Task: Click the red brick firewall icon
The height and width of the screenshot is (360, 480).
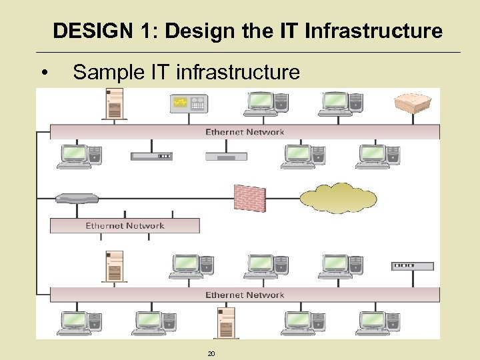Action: [x=250, y=198]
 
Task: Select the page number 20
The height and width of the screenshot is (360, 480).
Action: [x=211, y=353]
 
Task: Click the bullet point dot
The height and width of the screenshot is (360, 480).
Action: [x=43, y=72]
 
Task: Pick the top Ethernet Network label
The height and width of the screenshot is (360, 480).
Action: [x=245, y=132]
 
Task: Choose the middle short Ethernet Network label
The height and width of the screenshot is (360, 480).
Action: [x=125, y=225]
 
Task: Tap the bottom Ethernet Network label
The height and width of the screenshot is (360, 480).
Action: [x=245, y=295]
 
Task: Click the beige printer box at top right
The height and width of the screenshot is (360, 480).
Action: [x=414, y=104]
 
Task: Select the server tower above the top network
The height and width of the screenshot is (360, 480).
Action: [x=115, y=103]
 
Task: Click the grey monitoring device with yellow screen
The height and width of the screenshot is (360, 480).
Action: [x=189, y=104]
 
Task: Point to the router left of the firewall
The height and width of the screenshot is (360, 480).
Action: [x=77, y=198]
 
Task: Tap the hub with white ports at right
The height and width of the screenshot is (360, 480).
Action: [x=413, y=266]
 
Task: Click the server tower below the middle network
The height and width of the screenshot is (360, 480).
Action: [x=115, y=265]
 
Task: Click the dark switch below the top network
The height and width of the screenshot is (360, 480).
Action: [x=151, y=156]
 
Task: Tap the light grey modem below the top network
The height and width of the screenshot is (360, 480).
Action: [x=226, y=156]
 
